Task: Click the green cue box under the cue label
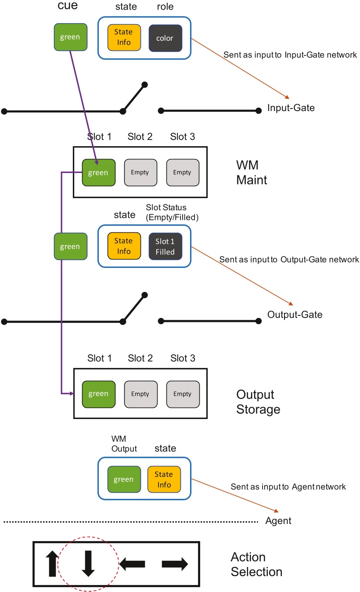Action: coord(70,37)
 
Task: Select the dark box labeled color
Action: coord(165,38)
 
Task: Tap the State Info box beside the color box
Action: coord(124,38)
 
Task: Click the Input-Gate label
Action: coord(291,108)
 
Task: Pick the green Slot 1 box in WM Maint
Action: coord(98,173)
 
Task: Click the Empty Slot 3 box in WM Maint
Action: coord(182,173)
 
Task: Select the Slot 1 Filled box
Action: coord(165,246)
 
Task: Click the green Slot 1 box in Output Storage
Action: coord(98,394)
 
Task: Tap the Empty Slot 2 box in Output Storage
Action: coord(140,394)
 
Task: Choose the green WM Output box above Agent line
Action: coord(124,480)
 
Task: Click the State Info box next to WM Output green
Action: coord(164,480)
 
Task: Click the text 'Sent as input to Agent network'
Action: coord(288,487)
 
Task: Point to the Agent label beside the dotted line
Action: coord(278,521)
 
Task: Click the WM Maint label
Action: coord(252,173)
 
